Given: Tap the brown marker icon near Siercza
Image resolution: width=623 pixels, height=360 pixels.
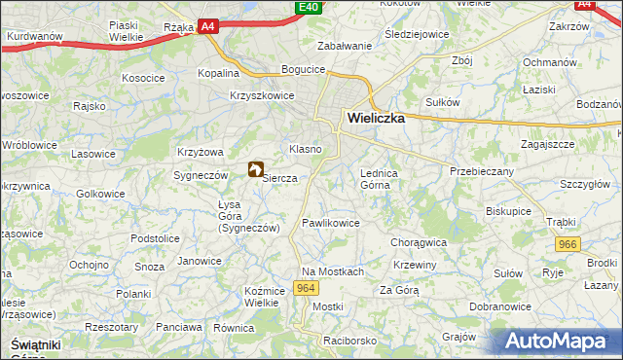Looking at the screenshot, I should pos(257,169).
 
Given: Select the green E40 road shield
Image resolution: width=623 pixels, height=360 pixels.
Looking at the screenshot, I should pos(308,8).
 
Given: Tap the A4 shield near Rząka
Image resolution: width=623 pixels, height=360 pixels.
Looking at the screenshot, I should pos(207,28).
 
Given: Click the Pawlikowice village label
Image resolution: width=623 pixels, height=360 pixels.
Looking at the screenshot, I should pos(331,223).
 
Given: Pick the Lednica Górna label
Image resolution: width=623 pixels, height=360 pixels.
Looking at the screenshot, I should pos(380,178).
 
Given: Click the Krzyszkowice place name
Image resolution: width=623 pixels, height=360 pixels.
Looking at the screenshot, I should pos(262,95).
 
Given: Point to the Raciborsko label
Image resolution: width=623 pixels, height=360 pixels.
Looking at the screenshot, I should pos(349,342).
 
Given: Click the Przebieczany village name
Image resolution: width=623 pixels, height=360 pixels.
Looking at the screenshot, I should pos(481,169).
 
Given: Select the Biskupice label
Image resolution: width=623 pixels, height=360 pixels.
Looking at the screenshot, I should pos(509,208).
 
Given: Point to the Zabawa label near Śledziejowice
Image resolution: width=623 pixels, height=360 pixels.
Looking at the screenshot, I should pos(344,46).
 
